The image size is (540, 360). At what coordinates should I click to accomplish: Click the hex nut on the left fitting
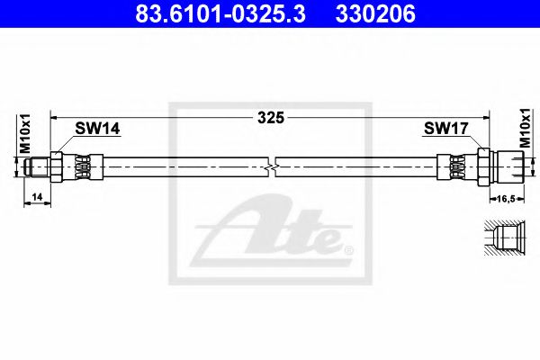tap(59, 166)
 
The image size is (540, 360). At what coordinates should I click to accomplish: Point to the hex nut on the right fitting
tap(484, 166)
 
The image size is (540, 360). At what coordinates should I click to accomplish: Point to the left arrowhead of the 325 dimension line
tap(53, 117)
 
